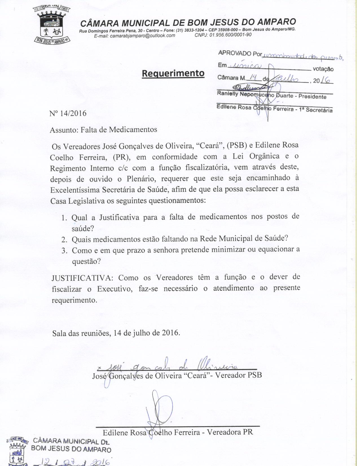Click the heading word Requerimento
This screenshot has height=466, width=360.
pos(173,73)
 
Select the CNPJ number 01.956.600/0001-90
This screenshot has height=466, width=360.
pos(230,35)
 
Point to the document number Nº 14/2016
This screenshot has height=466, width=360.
pos(68,114)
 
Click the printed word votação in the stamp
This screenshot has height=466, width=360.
pos(323,69)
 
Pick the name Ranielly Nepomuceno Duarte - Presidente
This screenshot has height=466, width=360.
pos(271,95)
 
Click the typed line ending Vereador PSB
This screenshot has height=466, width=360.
pos(177,376)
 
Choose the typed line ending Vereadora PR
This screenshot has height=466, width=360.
pos(178,432)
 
